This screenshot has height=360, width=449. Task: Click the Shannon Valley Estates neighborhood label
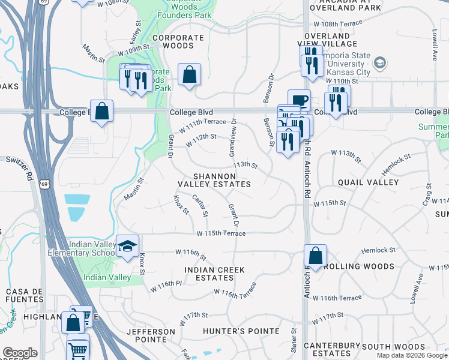coord(214,179)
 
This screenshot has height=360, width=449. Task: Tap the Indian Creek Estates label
coord(214,274)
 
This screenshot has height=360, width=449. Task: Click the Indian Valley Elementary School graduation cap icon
coord(127,247)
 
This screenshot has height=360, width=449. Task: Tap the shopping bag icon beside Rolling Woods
coord(315,256)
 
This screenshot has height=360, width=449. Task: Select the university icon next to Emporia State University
coord(379,62)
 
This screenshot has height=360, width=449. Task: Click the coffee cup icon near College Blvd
coord(299,100)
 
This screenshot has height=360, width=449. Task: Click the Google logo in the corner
coord(19,353)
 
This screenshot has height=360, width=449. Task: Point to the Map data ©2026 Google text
coord(412,355)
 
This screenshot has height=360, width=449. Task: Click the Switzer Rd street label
coord(19,168)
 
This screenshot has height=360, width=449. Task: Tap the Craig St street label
coord(428,194)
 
